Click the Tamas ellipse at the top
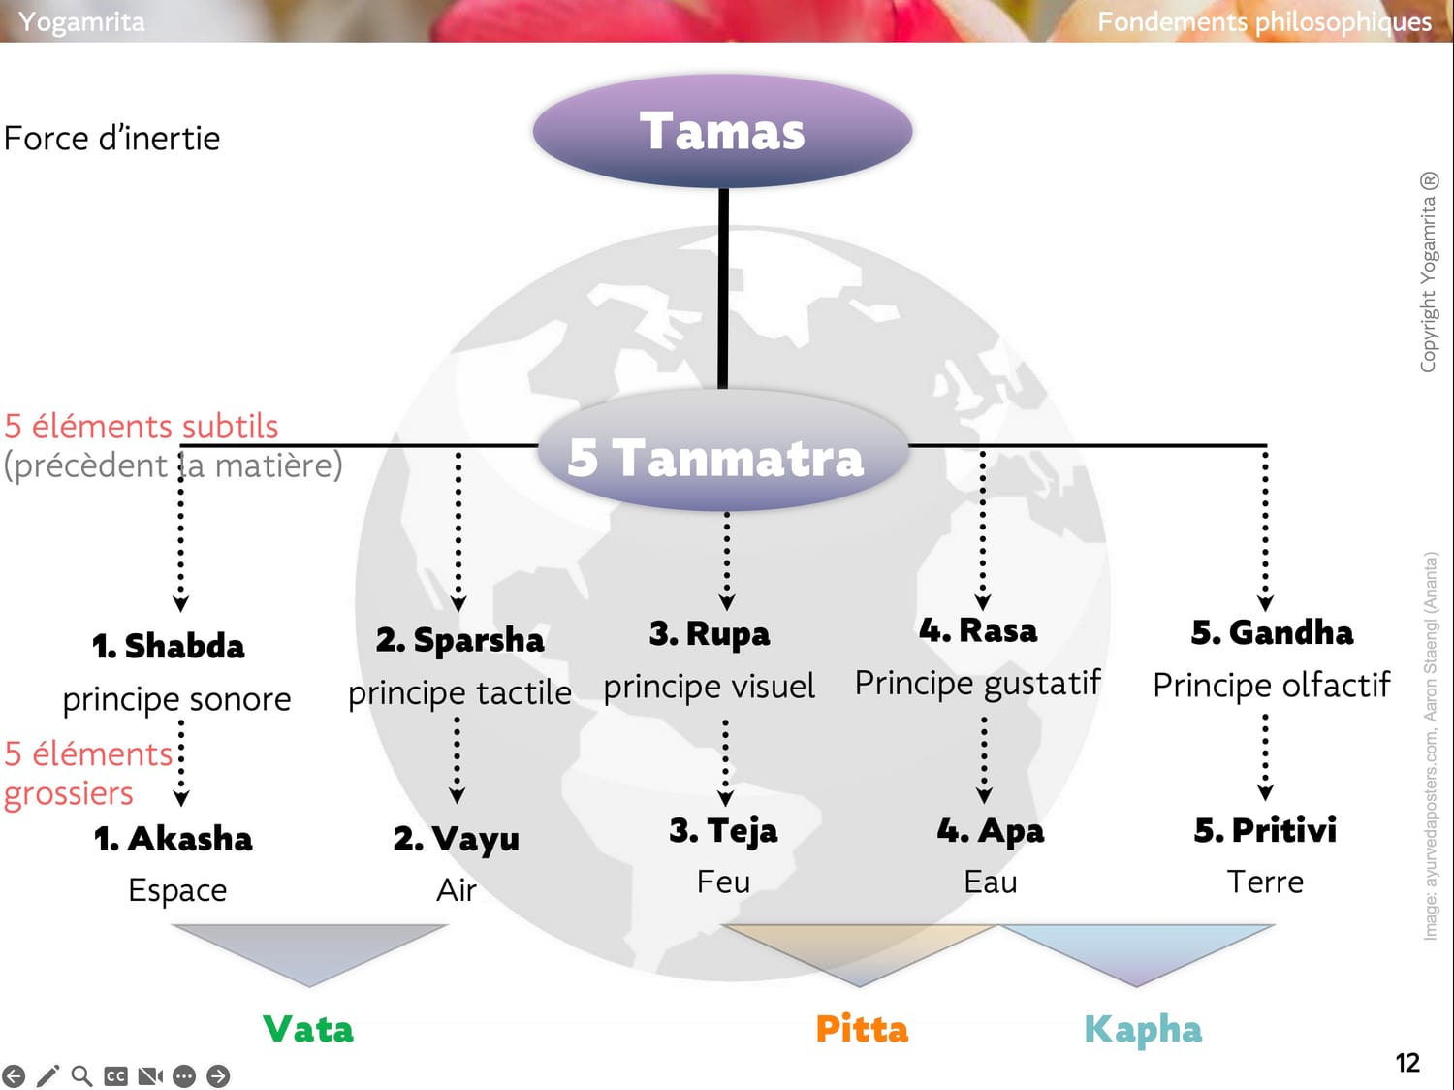point(722,131)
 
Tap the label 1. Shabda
point(169,646)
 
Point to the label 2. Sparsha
point(459,640)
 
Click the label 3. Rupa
point(710,634)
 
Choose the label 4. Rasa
point(978,630)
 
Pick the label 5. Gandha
point(1272,632)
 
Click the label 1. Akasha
point(174,838)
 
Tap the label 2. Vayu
point(457,839)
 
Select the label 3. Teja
point(723,831)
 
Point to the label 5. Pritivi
point(1265,830)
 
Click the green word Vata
point(308,1029)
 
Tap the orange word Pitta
point(862,1029)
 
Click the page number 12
point(1407,1063)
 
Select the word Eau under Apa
point(991,882)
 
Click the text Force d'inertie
point(112,139)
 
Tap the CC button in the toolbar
point(115,1075)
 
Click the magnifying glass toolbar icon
point(82,1075)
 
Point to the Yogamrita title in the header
point(81,21)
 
